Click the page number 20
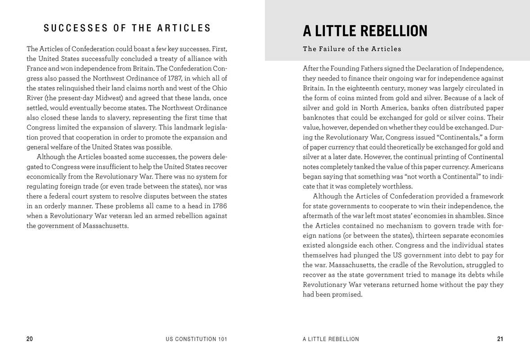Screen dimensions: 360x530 click(x=30, y=339)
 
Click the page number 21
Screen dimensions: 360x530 click(x=500, y=339)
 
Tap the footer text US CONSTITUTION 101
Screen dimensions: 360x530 click(x=197, y=339)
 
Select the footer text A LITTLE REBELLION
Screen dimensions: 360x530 click(x=331, y=339)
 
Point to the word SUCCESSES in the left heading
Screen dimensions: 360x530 click(x=76, y=28)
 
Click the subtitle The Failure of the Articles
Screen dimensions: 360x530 click(x=352, y=49)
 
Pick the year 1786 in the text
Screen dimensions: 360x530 click(x=220, y=206)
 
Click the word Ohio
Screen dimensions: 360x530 click(x=220, y=88)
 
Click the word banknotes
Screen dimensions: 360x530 click(x=319, y=117)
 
